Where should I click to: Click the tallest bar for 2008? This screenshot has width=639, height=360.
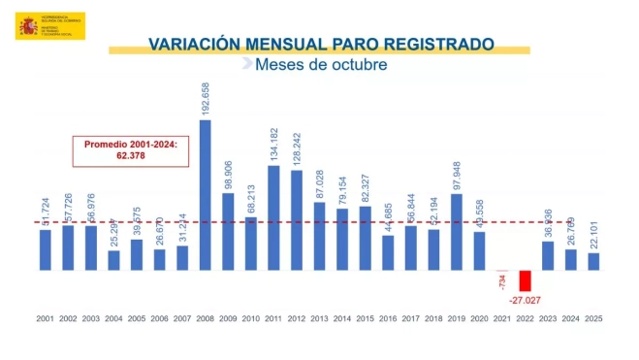coord(206,194)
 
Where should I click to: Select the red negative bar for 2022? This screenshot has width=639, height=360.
coord(525,280)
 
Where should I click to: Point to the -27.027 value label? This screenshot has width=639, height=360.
coord(525,301)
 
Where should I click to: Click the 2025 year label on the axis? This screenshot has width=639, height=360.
coord(593,318)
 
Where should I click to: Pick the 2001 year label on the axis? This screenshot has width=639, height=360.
coord(45,318)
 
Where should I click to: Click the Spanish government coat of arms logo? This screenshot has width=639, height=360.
coord(26,26)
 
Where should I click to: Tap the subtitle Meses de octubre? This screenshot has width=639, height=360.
coord(320,65)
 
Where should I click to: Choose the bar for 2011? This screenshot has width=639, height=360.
coord(273,217)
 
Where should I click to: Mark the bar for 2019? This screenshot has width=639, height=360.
coord(456,232)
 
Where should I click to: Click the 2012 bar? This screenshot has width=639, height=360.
coord(297,220)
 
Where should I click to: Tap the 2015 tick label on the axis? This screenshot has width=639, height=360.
coord(366,318)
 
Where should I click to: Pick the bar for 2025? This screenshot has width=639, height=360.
coord(593,261)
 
